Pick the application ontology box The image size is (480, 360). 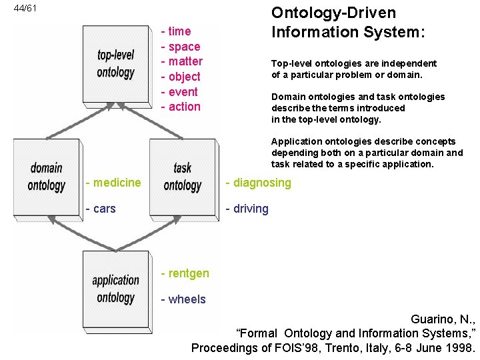tap(115, 289)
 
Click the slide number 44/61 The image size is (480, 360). tap(25, 9)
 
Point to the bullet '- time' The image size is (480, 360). tap(176, 31)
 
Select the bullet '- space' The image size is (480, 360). tap(181, 47)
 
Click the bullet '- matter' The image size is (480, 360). tap(182, 61)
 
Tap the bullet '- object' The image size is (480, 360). tap(181, 77)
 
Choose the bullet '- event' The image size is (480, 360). tap(179, 91)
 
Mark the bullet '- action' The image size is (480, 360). tap(181, 107)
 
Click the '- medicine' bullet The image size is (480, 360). tap(113, 183)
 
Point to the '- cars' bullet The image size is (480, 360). tap(101, 209)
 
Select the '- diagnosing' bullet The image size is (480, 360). tap(258, 183)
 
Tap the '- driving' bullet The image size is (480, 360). tap(247, 209)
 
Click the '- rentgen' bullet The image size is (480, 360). tap(185, 273)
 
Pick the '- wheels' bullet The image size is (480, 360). tap(183, 299)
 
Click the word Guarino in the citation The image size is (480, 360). tap(432, 319)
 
